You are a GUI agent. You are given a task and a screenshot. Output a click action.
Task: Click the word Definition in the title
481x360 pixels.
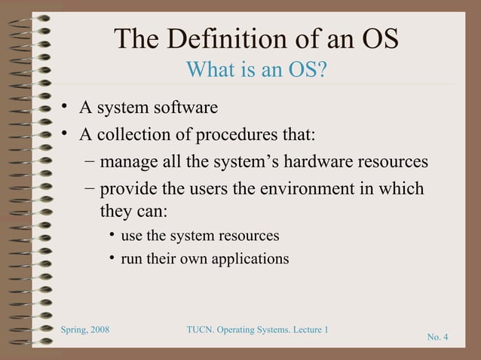[218, 39]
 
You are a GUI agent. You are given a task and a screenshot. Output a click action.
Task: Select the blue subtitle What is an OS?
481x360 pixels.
[256, 71]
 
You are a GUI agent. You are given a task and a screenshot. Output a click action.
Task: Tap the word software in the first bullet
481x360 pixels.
[188, 108]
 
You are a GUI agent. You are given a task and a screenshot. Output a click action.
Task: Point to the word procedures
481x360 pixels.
[239, 136]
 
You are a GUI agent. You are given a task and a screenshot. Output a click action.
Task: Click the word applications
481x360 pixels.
[250, 259]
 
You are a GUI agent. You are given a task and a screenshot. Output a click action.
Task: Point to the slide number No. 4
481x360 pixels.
[437, 336]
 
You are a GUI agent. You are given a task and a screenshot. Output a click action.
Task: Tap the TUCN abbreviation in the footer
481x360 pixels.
[200, 330]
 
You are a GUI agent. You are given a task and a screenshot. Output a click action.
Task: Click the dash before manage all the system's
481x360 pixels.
[90, 162]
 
